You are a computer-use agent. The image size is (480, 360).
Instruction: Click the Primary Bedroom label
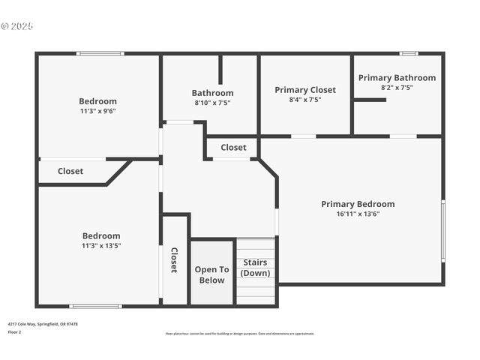[358, 204]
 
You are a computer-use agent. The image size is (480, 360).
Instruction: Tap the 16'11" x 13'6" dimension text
[358, 214]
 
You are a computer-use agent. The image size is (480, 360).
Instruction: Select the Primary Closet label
[305, 90]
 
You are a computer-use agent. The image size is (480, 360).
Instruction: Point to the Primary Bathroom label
[397, 78]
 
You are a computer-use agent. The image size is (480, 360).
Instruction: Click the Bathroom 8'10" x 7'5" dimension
[212, 103]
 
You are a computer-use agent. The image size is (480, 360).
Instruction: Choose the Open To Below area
[211, 274]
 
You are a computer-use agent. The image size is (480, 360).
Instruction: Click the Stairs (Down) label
[255, 268]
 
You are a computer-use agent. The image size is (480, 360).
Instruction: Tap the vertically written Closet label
[174, 259]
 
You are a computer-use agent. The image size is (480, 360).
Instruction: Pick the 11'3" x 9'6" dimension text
[98, 111]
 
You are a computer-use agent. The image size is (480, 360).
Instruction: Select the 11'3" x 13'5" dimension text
[101, 245]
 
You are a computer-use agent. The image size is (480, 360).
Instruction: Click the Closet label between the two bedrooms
[70, 171]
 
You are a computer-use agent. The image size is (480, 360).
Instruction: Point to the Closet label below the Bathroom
[233, 148]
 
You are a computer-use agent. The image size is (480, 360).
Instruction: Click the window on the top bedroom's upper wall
[100, 53]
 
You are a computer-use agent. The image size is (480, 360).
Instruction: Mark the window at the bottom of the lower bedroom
[95, 306]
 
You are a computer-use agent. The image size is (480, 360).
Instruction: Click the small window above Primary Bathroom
[408, 53]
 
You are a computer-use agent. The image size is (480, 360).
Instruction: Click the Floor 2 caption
[15, 331]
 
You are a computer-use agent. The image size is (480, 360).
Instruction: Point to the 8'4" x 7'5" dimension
[305, 100]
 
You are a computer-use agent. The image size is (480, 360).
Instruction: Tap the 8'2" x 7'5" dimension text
[397, 88]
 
